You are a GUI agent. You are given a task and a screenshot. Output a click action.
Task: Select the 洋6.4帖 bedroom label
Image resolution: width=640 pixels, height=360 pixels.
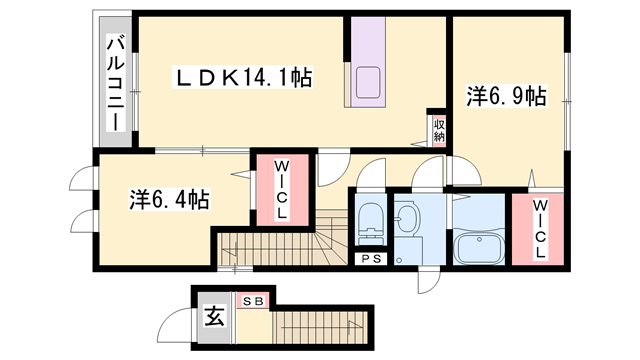pyautogui.click(x=169, y=198)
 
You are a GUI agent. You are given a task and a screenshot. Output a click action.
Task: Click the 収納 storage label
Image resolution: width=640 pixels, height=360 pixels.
pyautogui.click(x=438, y=129)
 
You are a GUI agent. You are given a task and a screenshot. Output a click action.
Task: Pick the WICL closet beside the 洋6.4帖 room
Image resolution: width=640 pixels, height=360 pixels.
pyautogui.click(x=282, y=190)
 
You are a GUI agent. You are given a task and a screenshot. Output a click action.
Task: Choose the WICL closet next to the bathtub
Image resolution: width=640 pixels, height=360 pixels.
pyautogui.click(x=539, y=229)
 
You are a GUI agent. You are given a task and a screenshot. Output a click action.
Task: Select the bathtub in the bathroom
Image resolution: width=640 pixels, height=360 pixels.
pyautogui.click(x=479, y=245)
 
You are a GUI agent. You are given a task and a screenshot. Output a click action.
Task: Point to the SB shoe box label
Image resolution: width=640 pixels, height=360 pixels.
pyautogui.click(x=249, y=300)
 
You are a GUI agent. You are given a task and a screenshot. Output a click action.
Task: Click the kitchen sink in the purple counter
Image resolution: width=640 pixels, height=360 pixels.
pyautogui.click(x=368, y=84)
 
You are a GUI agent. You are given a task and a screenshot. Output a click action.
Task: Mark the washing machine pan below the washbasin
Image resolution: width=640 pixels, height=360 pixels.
pyautogui.click(x=409, y=250)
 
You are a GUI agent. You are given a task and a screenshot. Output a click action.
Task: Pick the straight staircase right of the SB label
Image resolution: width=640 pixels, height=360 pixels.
pyautogui.click(x=320, y=324)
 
